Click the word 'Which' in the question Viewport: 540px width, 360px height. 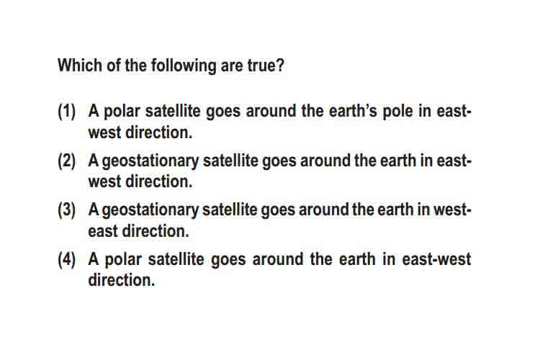(80, 65)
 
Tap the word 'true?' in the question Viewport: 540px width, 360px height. (266, 65)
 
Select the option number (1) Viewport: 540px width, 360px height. (66, 112)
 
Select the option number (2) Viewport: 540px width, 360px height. (66, 161)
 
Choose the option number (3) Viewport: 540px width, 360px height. (66, 210)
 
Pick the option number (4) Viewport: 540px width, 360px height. (66, 259)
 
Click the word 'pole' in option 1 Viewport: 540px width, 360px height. (397, 112)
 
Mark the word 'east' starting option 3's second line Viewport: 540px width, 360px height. (103, 231)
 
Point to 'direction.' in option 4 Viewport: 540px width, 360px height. (122, 280)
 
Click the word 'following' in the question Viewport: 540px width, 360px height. (184, 66)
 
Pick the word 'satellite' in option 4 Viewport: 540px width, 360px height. (176, 259)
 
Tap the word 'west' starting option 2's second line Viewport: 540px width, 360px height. (104, 182)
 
